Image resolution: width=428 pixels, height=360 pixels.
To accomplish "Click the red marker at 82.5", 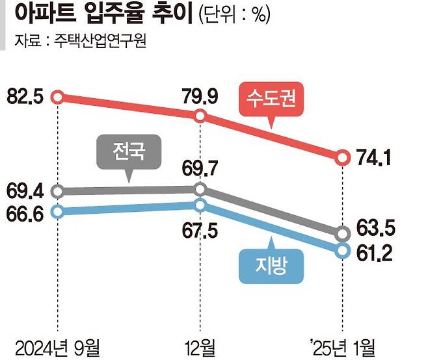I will point(58,97).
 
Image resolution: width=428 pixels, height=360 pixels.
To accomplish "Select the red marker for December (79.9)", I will point(200,116).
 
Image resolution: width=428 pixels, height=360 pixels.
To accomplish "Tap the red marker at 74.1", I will point(343,157).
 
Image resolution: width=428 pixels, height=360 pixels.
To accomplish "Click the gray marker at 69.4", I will point(58,192).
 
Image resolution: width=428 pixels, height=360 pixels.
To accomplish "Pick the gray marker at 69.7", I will point(200,190).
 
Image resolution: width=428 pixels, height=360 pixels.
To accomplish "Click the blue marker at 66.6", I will point(58,211).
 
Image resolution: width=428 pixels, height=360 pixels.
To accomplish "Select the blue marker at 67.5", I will point(200,205).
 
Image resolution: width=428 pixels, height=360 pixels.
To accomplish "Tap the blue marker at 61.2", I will point(343,250).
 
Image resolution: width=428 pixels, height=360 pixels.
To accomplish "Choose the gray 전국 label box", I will point(128,153).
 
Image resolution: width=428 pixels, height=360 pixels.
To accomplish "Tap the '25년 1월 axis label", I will point(343,344).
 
